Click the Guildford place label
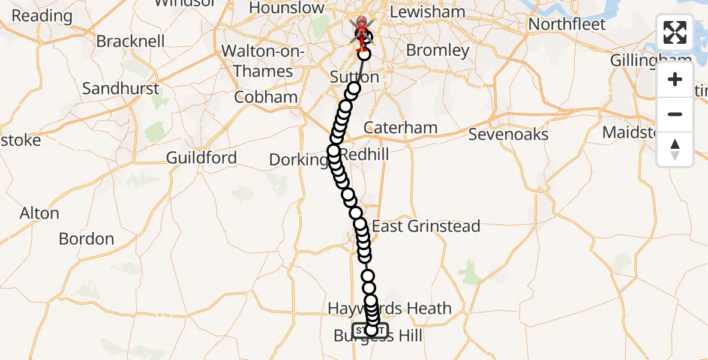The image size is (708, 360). click(x=202, y=158)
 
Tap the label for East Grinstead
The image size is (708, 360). click(x=426, y=226)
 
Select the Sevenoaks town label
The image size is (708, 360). click(x=508, y=134)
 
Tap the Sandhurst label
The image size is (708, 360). click(x=121, y=89)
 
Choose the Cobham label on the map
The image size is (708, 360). click(x=266, y=97)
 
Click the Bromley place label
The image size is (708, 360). click(x=437, y=50)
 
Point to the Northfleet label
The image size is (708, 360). click(x=566, y=25)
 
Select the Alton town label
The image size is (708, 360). click(x=40, y=214)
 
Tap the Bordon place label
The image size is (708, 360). click(x=86, y=239)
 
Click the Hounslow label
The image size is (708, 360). click(x=286, y=8)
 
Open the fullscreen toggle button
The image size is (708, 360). click(x=675, y=32)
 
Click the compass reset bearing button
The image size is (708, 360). click(x=675, y=149)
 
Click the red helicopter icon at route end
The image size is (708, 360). click(x=362, y=28)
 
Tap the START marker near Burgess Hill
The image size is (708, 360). click(x=370, y=331)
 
